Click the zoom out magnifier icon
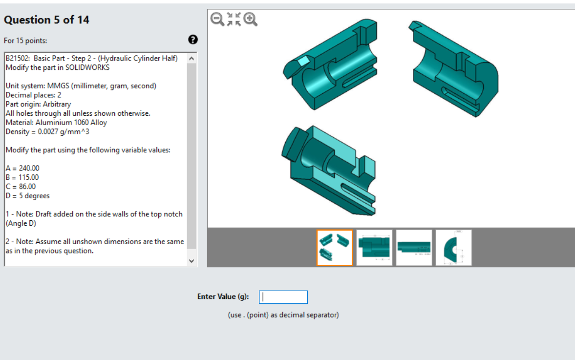[x=217, y=19]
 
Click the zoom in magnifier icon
[x=251, y=19]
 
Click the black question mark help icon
[x=193, y=40]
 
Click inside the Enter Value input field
[x=283, y=297]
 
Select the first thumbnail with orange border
[x=335, y=248]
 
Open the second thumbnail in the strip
[x=374, y=248]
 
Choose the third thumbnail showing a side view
[x=414, y=248]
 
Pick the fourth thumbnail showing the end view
[x=453, y=248]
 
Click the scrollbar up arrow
[x=192, y=59]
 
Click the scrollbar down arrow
[x=192, y=261]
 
